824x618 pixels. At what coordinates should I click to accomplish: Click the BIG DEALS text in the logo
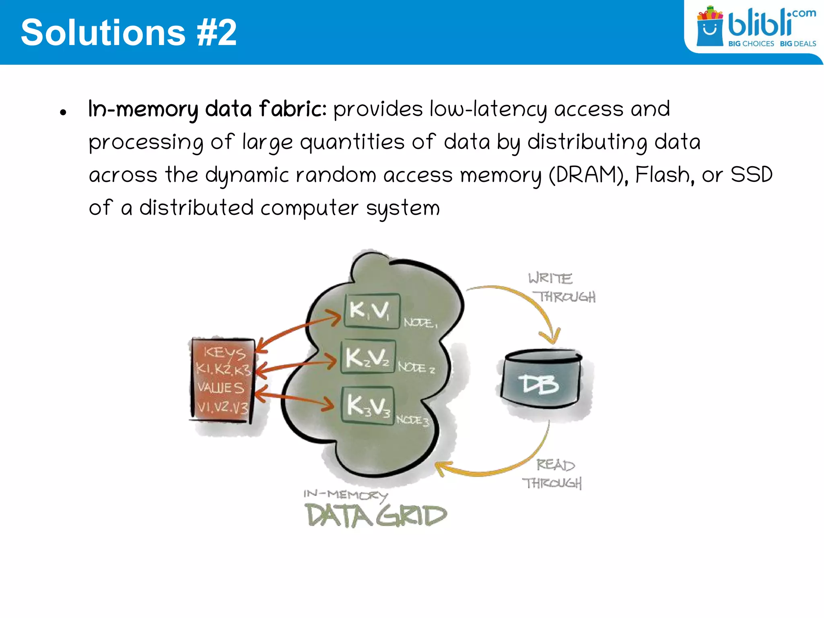pyautogui.click(x=798, y=43)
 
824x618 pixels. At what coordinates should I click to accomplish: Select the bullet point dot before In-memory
pyautogui.click(x=63, y=112)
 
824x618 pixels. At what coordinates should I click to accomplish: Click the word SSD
pyautogui.click(x=751, y=175)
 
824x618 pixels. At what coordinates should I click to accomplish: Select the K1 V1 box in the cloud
pyautogui.click(x=372, y=311)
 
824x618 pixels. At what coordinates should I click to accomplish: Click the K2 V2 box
pyautogui.click(x=368, y=357)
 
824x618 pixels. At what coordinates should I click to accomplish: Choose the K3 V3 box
pyautogui.click(x=368, y=405)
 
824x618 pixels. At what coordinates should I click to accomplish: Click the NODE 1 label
pyautogui.click(x=420, y=323)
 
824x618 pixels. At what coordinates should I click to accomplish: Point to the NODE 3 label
pyautogui.click(x=412, y=420)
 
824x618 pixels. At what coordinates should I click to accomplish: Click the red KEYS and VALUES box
pyautogui.click(x=222, y=380)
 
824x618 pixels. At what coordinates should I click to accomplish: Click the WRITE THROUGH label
pyautogui.click(x=561, y=288)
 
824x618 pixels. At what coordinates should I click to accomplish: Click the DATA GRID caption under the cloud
pyautogui.click(x=376, y=515)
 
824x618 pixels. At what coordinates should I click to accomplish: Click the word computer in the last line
pyautogui.click(x=309, y=208)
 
